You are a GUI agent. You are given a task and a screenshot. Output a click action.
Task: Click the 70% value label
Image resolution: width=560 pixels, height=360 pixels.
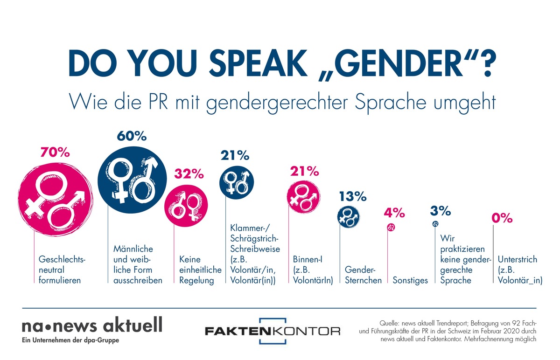pyautogui.click(x=56, y=152)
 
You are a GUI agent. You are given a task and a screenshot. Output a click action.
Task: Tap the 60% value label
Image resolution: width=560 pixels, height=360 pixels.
pyautogui.click(x=132, y=137)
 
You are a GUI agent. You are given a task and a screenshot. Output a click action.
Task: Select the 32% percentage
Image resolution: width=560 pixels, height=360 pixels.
pyautogui.click(x=189, y=174)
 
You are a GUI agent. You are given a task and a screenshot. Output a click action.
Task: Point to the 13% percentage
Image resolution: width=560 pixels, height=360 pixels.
pyautogui.click(x=352, y=196)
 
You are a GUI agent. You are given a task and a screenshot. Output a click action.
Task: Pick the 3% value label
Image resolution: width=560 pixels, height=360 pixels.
pyautogui.click(x=440, y=211)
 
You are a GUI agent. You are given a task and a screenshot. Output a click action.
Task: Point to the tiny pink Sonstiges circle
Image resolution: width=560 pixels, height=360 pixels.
pyautogui.click(x=392, y=228)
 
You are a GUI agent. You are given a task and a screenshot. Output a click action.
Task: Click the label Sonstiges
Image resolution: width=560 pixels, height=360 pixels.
pyautogui.click(x=410, y=281)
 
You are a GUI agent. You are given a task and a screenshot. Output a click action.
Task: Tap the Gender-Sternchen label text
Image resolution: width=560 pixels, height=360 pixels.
pyautogui.click(x=363, y=275)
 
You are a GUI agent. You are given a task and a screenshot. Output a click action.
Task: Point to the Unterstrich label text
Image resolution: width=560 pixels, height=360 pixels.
pyautogui.click(x=518, y=270)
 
